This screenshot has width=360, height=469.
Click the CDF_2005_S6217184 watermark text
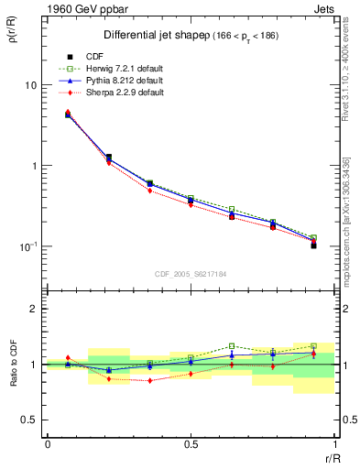191,273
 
